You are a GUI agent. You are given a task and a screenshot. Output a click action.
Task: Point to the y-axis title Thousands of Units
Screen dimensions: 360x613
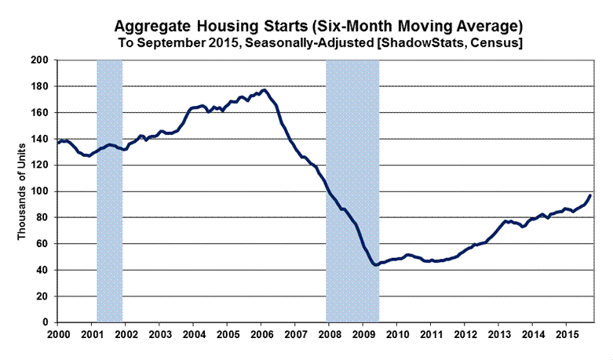(x=24, y=191)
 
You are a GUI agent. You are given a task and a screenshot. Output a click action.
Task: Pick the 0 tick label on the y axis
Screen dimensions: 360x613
(x=44, y=322)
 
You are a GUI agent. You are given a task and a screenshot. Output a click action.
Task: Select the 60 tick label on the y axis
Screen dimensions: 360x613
(x=42, y=244)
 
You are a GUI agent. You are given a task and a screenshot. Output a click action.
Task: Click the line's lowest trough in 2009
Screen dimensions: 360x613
(x=376, y=265)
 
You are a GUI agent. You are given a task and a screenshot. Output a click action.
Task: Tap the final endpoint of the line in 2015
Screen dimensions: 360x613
(x=590, y=195)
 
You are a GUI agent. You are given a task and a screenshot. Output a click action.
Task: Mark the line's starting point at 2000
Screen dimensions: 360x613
(x=57, y=143)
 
